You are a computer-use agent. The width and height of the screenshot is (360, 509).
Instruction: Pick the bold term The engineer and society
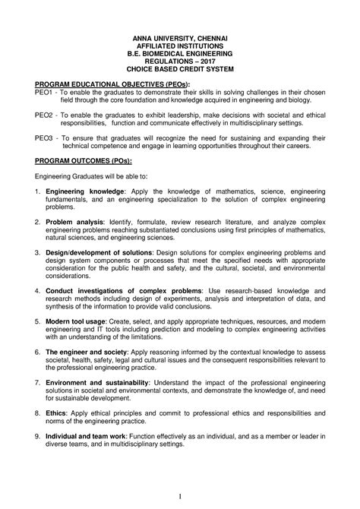click(86, 352)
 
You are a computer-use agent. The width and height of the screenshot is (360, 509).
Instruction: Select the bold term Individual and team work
click(87, 435)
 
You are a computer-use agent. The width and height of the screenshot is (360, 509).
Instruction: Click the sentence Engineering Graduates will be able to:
click(92, 176)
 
